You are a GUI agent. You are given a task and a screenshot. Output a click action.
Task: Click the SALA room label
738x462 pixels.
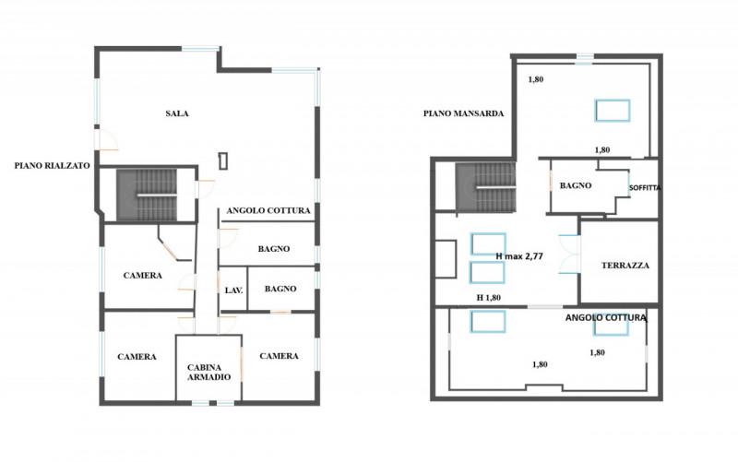point(177,113)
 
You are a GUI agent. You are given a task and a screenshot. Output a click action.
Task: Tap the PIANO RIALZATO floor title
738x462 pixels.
point(52,166)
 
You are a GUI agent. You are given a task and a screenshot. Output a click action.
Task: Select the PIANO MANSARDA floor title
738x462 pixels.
point(463,113)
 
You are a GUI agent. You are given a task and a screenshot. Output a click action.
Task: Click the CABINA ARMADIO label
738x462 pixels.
point(209,373)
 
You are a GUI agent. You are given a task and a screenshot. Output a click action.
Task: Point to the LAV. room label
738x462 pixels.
point(233,290)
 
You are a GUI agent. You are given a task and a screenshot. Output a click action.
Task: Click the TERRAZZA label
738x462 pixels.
point(625,266)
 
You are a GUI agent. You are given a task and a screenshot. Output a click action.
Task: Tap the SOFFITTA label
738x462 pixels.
point(645,187)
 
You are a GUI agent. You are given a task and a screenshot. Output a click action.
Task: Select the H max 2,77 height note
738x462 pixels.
point(519,256)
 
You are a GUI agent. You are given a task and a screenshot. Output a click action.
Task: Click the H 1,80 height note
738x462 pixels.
point(489,297)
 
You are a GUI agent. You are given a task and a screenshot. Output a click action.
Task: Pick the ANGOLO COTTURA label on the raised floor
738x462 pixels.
point(268,210)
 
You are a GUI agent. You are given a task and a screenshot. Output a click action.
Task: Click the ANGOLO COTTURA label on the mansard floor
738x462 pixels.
point(605,317)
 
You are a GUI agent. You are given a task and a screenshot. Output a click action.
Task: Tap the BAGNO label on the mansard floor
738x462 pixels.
point(575,185)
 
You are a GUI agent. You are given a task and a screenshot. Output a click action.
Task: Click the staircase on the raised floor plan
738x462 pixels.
point(147,195)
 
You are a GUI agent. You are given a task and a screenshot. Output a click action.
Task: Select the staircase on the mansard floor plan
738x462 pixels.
point(486,187)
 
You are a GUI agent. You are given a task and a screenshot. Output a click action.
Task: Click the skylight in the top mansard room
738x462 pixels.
point(613,111)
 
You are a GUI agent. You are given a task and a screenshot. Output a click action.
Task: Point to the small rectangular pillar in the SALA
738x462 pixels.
point(223,160)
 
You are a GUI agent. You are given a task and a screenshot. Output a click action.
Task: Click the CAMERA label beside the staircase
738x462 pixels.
point(143,275)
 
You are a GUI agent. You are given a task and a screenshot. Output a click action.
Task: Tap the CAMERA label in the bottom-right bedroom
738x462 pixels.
point(279,356)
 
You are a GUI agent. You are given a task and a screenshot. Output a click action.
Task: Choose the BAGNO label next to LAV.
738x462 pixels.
point(280,289)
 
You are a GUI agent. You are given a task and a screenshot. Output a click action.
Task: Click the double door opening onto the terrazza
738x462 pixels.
point(569,254)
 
